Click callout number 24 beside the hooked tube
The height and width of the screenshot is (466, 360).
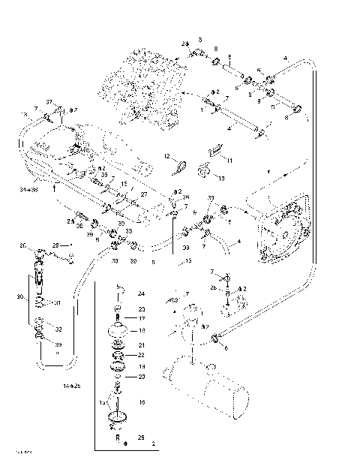[140, 293]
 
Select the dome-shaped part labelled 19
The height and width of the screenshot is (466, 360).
[118, 330]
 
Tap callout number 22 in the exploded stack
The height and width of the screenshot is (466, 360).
[141, 355]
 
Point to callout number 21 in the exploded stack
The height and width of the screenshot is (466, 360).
[141, 345]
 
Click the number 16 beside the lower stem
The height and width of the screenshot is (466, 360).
[141, 403]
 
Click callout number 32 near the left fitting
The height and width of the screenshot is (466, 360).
[58, 329]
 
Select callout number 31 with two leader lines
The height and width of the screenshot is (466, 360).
[58, 303]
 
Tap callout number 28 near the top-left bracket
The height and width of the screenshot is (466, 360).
[56, 245]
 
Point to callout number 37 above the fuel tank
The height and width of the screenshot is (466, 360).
[49, 103]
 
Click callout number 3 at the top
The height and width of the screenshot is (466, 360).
[200, 38]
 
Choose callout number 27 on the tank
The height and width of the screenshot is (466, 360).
[144, 194]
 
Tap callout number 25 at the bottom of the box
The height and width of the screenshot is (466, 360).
[141, 436]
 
